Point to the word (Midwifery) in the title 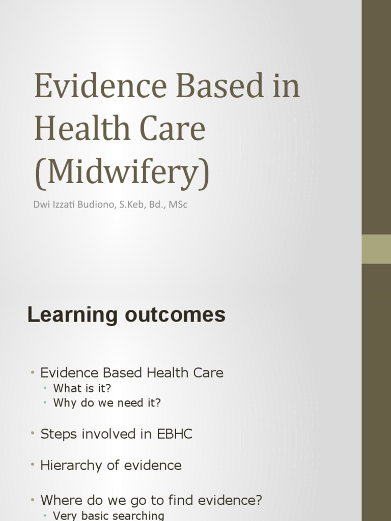click(x=122, y=172)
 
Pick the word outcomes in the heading click(x=174, y=315)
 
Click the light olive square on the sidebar click(x=376, y=249)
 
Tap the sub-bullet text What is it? click(x=82, y=389)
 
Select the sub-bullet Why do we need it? click(x=107, y=403)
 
